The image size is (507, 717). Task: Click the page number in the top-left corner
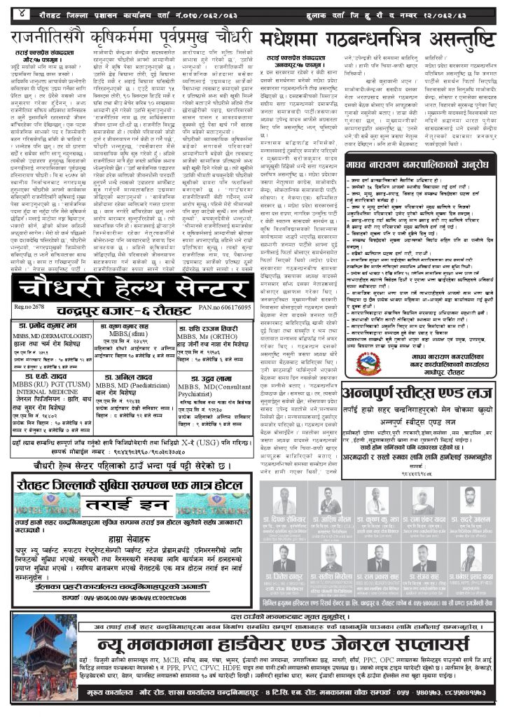[15, 13]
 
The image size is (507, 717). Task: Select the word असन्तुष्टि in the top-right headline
[454, 39]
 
